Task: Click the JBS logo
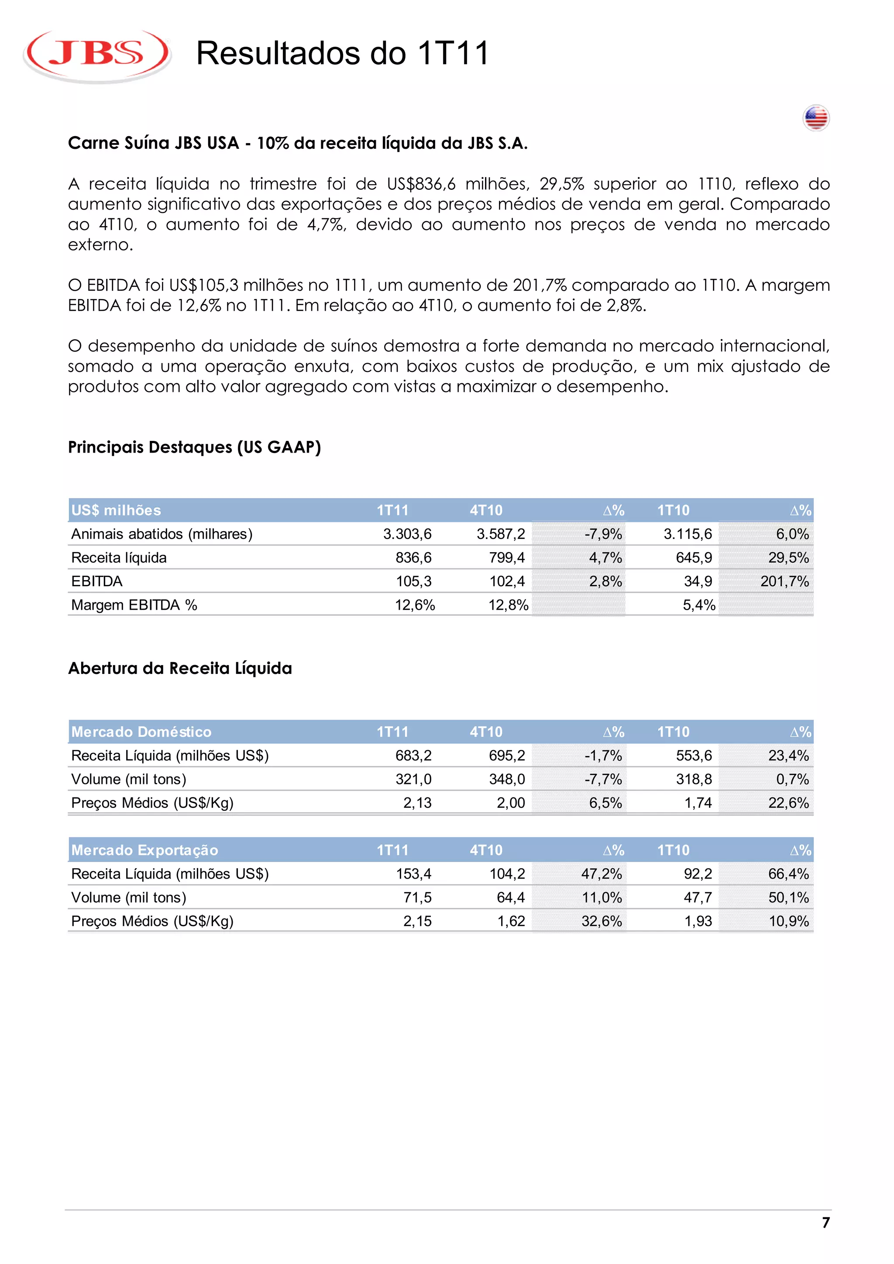pos(97,55)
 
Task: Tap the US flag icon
pos(815,118)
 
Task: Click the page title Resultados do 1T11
pos(342,53)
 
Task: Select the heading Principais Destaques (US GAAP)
pos(194,447)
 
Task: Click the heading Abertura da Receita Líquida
pos(180,668)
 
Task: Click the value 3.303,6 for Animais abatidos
pos(407,534)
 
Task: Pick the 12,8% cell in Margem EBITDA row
pos(508,605)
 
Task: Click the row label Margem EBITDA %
pos(134,605)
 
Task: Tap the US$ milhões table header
pos(116,510)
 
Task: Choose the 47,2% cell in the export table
pos(601,874)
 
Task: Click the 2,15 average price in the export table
pos(417,921)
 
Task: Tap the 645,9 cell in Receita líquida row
pos(694,558)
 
